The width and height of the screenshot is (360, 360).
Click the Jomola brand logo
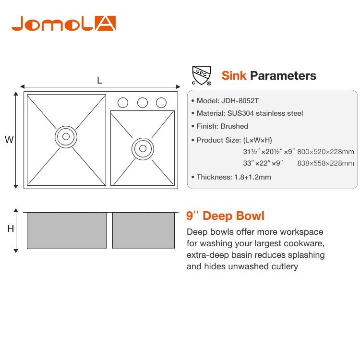pos(63,23)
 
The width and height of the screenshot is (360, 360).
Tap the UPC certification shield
pos(201,75)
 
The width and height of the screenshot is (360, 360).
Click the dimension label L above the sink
pos(100,80)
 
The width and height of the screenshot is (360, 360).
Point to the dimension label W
pos(9,140)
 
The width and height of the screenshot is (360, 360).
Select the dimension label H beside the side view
pos(11,228)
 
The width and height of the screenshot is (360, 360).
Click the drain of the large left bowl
pos(66,137)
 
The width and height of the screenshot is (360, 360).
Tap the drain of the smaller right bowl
pos(143,148)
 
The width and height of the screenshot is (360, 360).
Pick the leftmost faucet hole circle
pos(123,103)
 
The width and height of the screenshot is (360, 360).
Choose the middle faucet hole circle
pos(143,103)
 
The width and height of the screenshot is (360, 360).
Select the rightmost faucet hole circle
pos(161,103)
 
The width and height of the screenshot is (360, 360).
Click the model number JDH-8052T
pos(240,101)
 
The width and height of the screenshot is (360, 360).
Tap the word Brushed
pos(234,126)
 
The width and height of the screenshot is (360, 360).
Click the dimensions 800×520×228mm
pos(325,152)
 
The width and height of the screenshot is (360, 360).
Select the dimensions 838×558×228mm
pos(325,163)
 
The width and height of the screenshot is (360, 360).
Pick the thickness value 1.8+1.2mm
pos(252,177)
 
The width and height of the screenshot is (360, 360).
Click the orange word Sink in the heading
pos(234,75)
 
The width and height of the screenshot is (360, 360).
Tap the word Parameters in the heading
pos(283,76)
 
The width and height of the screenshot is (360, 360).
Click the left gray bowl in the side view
pos(67,230)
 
